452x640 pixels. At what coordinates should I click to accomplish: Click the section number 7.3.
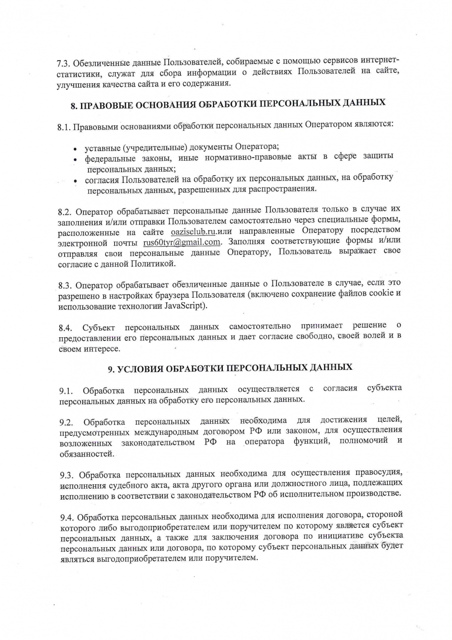coord(63,62)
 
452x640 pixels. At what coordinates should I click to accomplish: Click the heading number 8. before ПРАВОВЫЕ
coord(74,106)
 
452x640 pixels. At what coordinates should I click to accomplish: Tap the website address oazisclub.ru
coord(192,232)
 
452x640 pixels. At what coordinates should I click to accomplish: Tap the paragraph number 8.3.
coord(65,286)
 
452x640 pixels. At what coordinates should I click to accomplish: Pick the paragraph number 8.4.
coord(65,328)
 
